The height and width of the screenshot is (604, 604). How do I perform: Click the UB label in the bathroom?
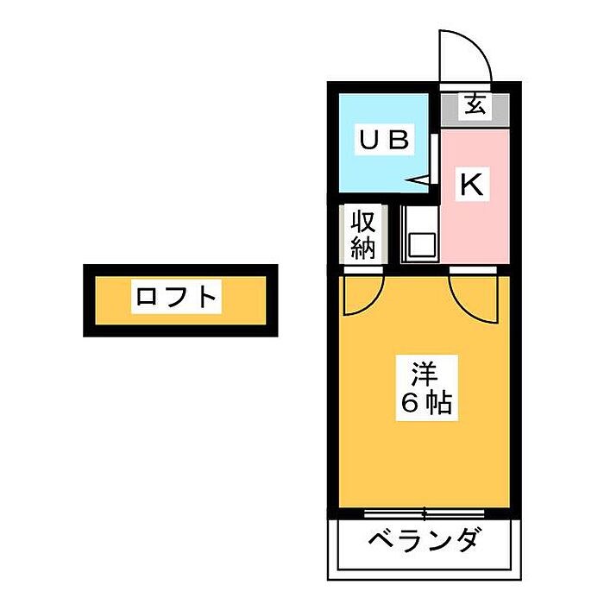pos(384,140)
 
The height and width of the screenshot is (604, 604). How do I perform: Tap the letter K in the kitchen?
pos(472,185)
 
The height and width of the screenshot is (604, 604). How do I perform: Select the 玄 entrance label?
pos(475,104)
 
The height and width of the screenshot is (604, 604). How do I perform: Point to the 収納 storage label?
pos(363,235)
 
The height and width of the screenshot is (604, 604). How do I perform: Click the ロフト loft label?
pos(176,297)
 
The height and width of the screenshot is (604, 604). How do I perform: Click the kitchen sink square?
pos(423,245)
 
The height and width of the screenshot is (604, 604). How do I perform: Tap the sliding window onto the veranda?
pos(425,513)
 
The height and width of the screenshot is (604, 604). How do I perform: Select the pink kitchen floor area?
pos(475,197)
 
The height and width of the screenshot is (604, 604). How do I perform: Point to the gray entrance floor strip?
pos(475,110)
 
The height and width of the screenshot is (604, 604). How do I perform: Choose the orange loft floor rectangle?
pos(180,300)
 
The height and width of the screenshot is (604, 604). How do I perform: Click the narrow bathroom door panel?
pos(435,159)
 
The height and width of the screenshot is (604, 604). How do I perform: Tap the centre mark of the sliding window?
pos(425,513)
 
